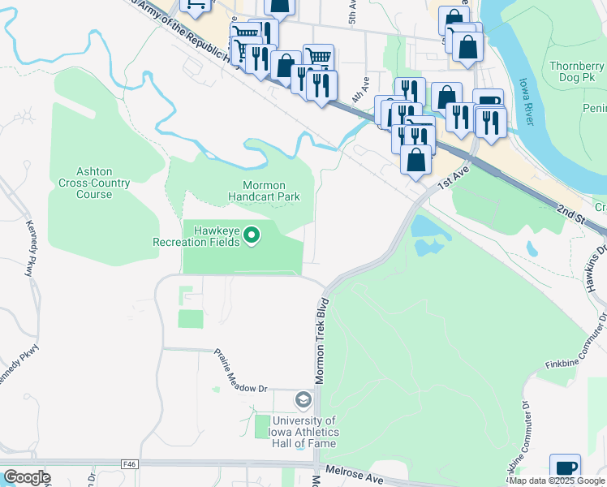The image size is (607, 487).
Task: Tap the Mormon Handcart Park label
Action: coord(264,191)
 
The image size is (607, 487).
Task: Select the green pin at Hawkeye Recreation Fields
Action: coord(252,235)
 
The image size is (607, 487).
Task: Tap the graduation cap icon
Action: coord(303,400)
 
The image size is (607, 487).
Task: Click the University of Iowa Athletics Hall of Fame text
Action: coord(304,432)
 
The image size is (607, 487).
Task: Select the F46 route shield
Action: coord(131,464)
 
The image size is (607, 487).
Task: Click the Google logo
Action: coord(27,477)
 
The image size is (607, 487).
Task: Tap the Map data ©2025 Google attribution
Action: coord(557,481)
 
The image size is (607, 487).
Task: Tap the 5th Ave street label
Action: coord(353,17)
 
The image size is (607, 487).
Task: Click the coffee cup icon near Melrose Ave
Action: coord(565,468)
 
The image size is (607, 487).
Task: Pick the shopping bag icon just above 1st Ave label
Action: coord(415,159)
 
